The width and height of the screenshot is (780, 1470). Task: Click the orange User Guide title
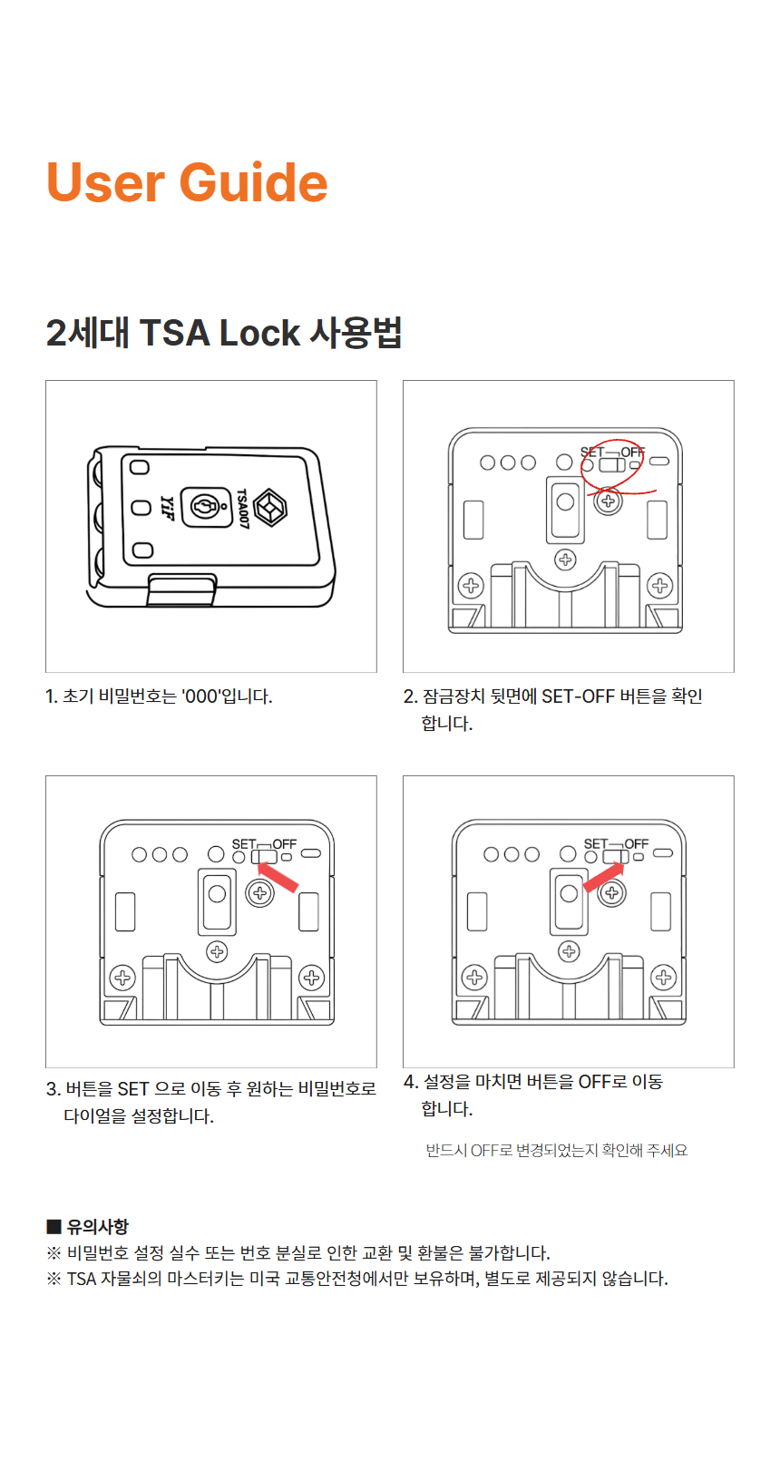click(187, 182)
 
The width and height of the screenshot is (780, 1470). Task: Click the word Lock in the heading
click(259, 333)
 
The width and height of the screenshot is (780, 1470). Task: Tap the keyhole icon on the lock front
click(206, 506)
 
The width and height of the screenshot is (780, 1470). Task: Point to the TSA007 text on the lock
click(242, 507)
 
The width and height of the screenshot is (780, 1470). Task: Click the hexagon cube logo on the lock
click(269, 507)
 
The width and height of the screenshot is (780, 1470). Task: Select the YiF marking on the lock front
click(166, 507)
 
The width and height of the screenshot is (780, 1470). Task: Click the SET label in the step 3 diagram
click(244, 843)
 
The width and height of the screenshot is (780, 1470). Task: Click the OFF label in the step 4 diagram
click(636, 843)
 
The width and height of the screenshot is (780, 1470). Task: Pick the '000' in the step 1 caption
click(201, 696)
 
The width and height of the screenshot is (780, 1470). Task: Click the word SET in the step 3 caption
click(132, 1088)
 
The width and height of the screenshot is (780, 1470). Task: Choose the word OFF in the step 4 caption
click(594, 1082)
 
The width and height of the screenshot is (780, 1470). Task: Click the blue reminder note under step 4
click(556, 1150)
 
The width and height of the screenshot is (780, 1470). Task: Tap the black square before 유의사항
click(54, 1227)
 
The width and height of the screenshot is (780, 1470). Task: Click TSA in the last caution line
click(82, 1279)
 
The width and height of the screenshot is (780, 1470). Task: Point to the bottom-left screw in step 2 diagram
click(471, 586)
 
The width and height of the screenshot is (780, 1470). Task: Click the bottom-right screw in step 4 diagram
click(664, 978)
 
